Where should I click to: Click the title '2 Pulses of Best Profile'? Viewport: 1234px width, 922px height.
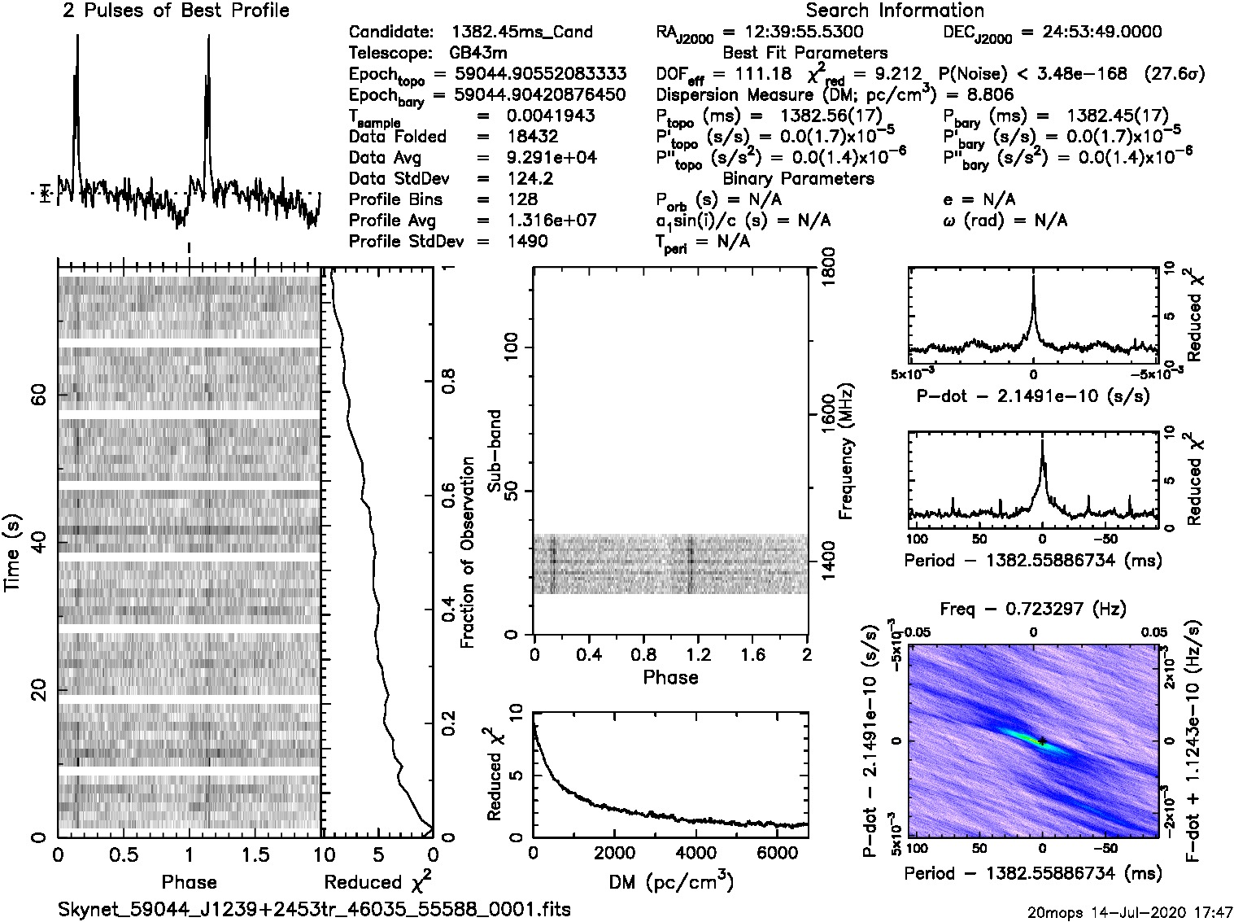176,11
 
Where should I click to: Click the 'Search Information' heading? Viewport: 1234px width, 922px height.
895,11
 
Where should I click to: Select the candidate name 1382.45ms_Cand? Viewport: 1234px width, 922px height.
521,33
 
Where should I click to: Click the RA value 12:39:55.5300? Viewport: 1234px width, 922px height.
793,33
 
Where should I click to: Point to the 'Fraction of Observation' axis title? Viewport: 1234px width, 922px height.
467,553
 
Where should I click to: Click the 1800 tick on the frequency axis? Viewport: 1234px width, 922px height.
829,268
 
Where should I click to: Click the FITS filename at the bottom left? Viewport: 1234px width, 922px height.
314,909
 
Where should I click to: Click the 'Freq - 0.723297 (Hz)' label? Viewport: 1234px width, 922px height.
1033,609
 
